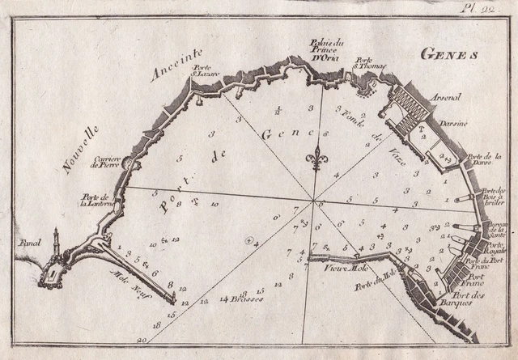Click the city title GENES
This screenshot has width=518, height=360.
pos(451,54)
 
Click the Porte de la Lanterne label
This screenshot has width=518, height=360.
pos(96,201)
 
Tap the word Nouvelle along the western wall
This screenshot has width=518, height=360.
pos(79,148)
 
